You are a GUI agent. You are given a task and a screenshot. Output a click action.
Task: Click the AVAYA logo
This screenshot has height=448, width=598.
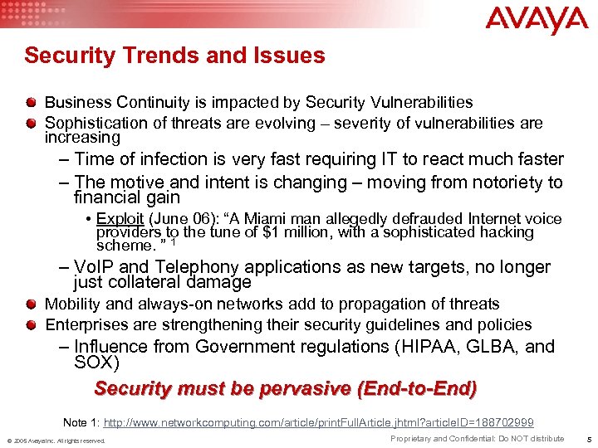537,21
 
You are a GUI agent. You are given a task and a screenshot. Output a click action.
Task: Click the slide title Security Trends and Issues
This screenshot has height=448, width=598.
174,56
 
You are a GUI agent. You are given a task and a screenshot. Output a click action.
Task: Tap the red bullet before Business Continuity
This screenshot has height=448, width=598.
31,102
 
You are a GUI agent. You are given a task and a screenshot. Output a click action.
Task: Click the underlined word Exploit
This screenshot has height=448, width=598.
120,219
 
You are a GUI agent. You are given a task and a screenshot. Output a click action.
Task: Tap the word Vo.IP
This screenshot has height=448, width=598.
96,267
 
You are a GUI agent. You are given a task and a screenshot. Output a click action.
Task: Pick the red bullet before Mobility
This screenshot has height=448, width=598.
31,304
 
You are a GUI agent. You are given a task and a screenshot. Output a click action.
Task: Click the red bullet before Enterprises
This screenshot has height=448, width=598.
31,324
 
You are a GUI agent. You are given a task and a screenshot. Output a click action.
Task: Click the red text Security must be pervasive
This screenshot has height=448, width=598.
285,388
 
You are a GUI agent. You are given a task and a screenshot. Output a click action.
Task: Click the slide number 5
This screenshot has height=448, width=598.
586,439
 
